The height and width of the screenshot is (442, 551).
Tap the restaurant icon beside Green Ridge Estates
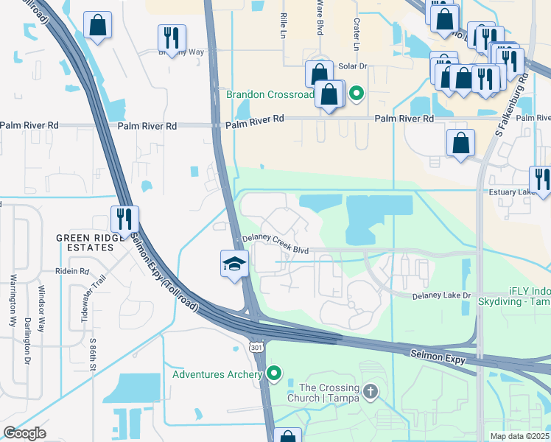[x=124, y=219]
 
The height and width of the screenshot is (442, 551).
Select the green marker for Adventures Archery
[x=275, y=374]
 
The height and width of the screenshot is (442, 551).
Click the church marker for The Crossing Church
[x=370, y=390]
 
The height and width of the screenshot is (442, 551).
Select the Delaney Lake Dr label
[x=441, y=295]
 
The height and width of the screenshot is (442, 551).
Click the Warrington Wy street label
[x=13, y=301]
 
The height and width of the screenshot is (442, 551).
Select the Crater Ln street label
[x=357, y=34]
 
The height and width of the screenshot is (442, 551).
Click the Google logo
[x=24, y=432]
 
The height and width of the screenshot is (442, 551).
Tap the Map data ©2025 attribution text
[x=520, y=436]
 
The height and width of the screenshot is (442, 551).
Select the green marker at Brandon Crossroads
[x=357, y=94]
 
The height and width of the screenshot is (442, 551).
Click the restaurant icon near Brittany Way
[x=172, y=38]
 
